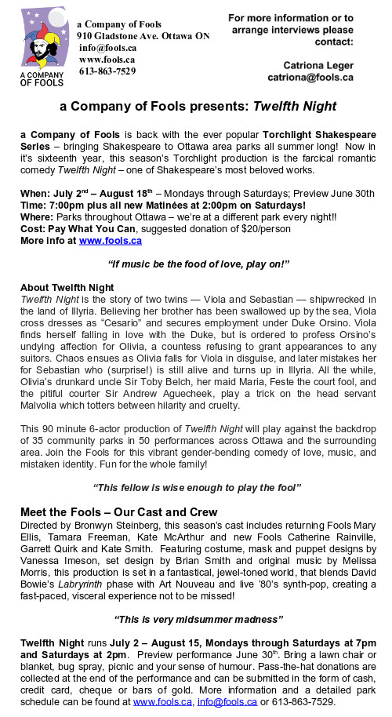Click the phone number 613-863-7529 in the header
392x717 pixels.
pos(107,71)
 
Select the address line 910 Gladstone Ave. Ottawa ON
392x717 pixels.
pos(143,36)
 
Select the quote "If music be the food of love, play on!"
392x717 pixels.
pos(196,266)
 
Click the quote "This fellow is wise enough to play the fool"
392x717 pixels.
pos(196,487)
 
